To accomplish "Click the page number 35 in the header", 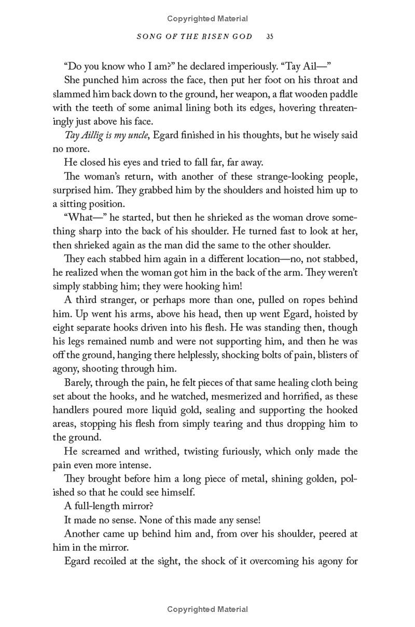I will (270, 36).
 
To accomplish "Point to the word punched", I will (97, 80).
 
